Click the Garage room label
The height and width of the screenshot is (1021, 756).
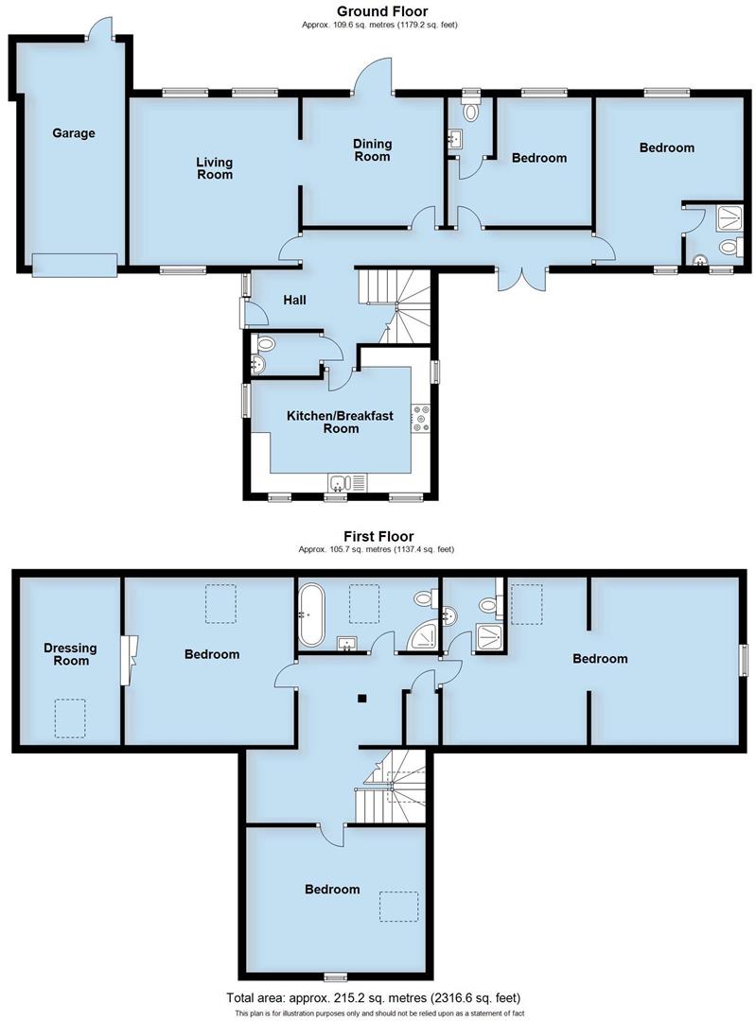(x=73, y=133)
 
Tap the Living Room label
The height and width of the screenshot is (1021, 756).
(x=215, y=168)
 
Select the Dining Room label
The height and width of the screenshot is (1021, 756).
(x=372, y=149)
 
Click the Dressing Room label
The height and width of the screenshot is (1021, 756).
(x=71, y=653)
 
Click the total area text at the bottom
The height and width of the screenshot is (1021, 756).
(x=373, y=997)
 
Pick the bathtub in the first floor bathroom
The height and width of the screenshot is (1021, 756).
(x=312, y=614)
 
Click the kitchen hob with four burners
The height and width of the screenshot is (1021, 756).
(x=421, y=418)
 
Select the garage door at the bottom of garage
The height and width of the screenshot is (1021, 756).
(x=75, y=266)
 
